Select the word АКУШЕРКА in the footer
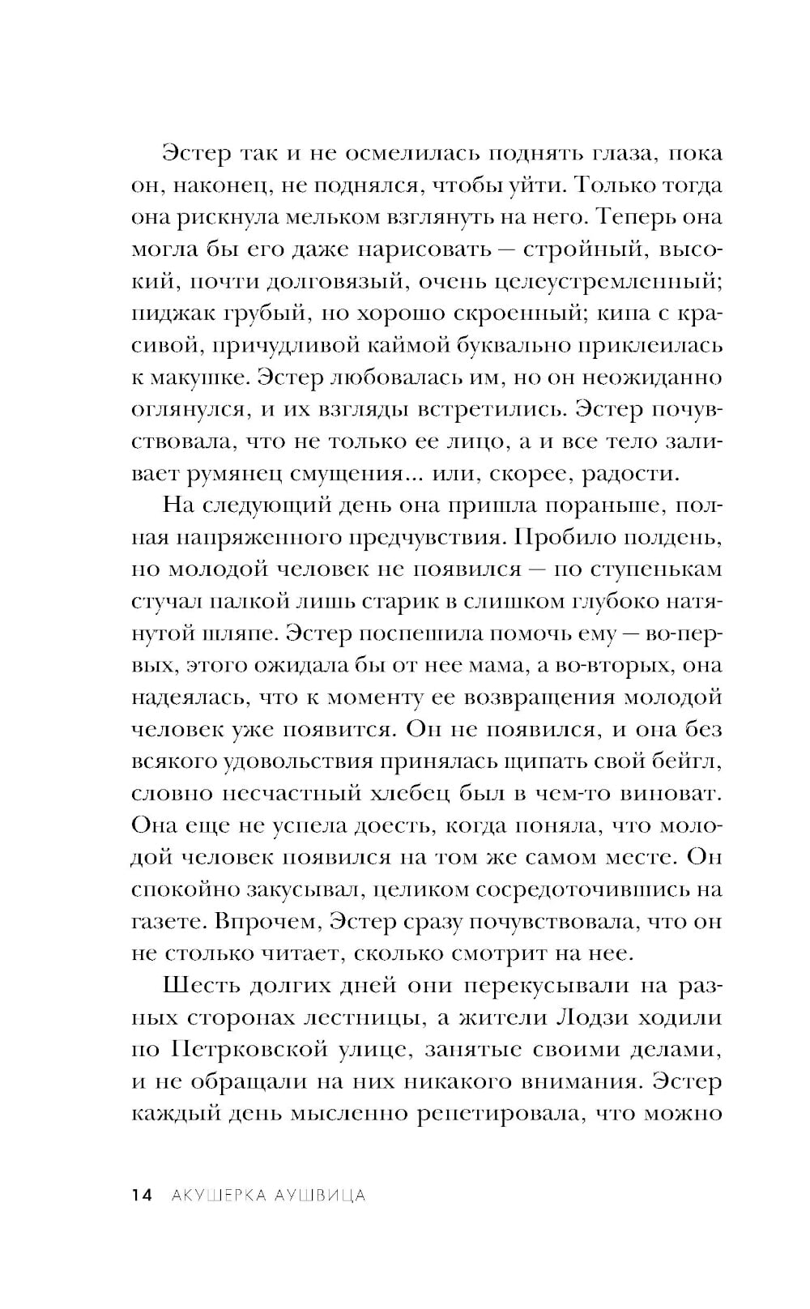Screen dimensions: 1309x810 214,1195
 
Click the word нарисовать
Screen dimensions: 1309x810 420,249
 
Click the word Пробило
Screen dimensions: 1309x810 561,538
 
